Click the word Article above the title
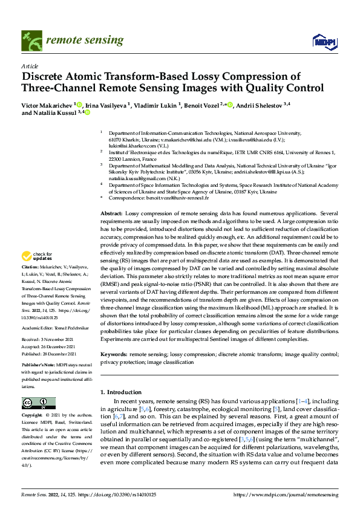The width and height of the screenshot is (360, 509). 29,65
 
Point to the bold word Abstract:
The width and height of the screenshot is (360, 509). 111,214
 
